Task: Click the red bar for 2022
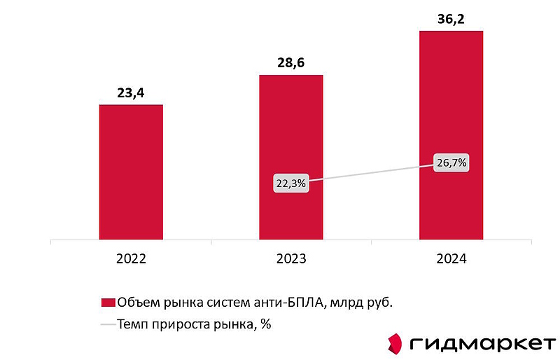click(x=131, y=172)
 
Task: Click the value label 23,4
click(x=131, y=91)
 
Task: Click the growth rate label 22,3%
click(x=290, y=184)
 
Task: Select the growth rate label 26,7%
click(x=451, y=163)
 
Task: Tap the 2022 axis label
click(x=131, y=258)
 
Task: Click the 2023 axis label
click(x=291, y=258)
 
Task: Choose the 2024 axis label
click(x=451, y=258)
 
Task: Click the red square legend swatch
click(x=108, y=303)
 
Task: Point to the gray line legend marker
click(x=108, y=324)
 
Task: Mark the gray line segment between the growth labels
click(x=371, y=173)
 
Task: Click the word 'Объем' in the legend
click(x=136, y=303)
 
